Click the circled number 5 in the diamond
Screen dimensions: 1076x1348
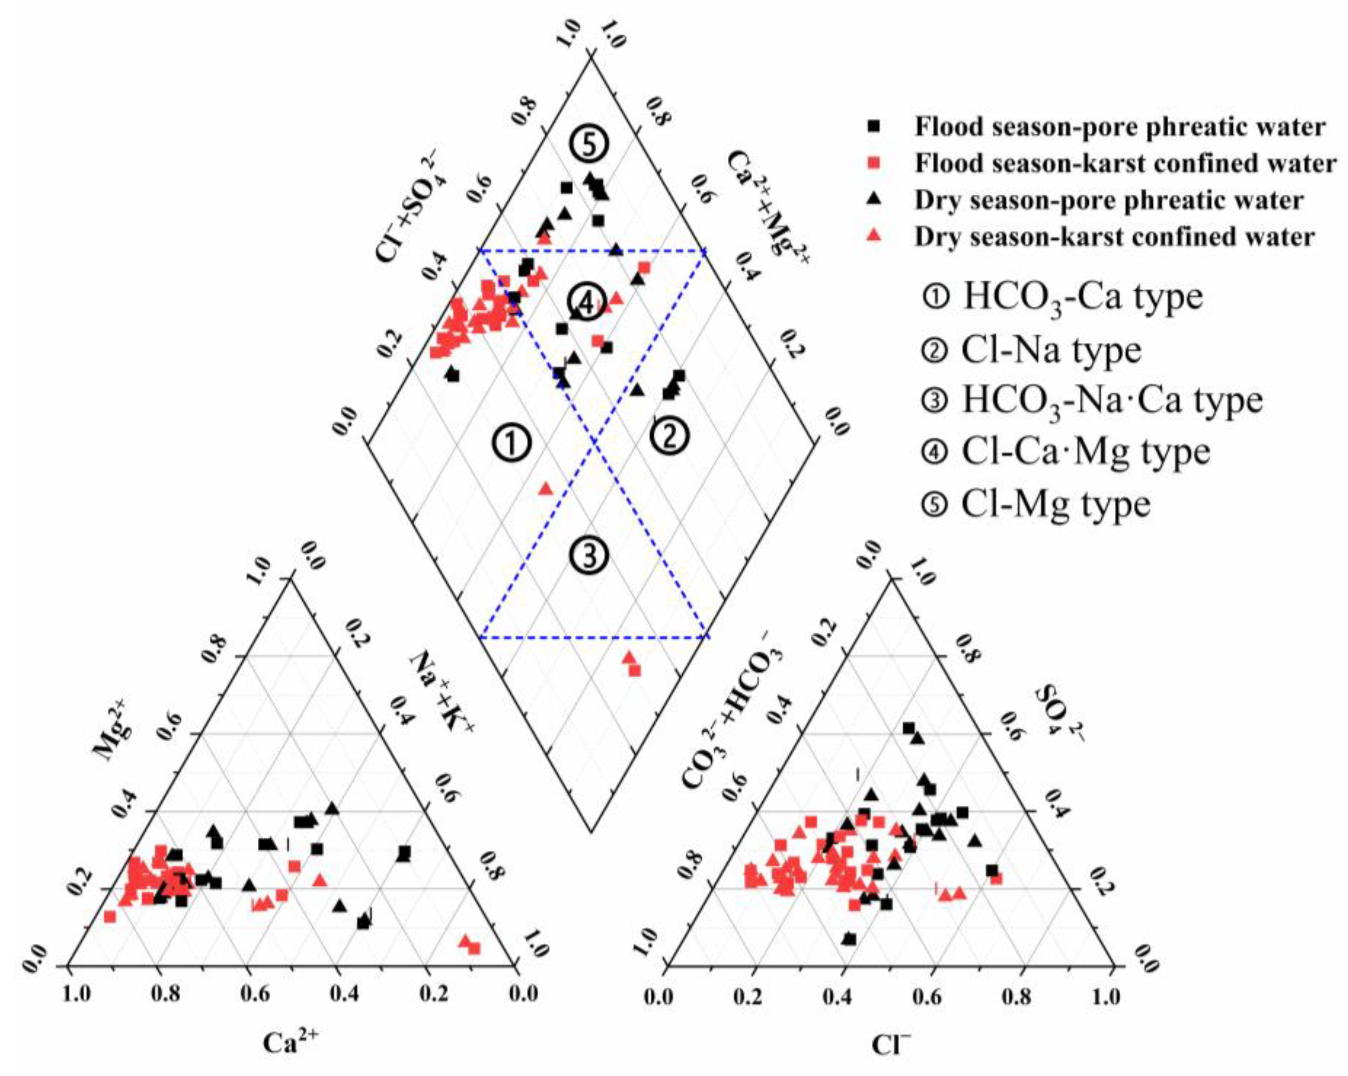click(x=588, y=145)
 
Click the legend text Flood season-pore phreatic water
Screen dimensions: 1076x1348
click(x=1120, y=127)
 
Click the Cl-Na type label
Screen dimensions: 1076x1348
click(x=1051, y=350)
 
